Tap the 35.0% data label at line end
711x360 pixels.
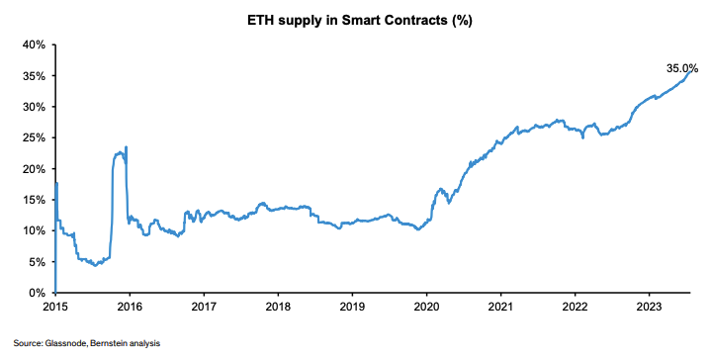pos(681,68)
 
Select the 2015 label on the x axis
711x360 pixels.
pos(55,308)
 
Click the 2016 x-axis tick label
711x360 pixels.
pos(130,308)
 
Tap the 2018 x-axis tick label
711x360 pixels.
pos(278,308)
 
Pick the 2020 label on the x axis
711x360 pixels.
pos(426,308)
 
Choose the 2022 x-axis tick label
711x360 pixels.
pos(575,308)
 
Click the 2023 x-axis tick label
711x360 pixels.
pos(649,308)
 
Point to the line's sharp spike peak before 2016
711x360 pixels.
pos(126,147)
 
